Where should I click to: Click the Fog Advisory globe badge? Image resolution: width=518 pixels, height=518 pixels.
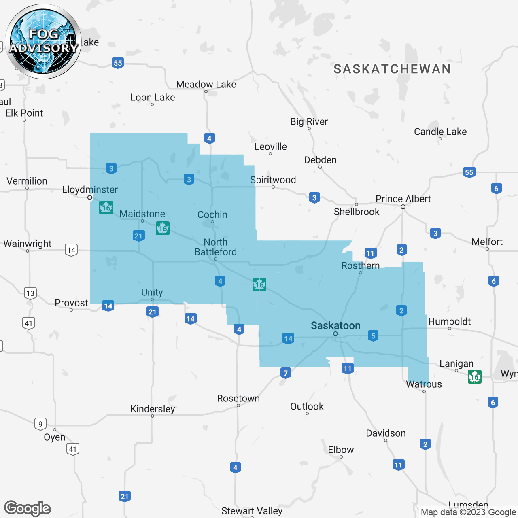43,42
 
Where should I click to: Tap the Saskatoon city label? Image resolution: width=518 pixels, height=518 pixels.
335,325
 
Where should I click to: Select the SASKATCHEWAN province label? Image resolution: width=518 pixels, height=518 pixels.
392,69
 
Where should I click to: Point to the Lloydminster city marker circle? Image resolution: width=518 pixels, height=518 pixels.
90,197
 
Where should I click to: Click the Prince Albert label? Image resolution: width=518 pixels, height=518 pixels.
403,199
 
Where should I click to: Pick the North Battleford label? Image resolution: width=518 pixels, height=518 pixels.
215,247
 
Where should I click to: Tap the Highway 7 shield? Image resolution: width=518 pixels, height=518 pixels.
286,373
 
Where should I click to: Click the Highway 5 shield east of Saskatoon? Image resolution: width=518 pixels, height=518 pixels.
373,335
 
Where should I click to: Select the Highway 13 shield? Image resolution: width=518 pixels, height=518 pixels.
30,293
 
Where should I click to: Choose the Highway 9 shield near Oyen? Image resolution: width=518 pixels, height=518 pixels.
40,424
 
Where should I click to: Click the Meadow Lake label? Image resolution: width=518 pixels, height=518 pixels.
206,84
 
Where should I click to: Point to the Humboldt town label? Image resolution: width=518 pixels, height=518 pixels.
449,321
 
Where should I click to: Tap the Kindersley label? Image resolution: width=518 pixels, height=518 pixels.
153,409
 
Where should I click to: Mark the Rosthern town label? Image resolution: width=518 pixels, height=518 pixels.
360,265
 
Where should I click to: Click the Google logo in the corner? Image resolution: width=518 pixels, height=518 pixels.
28,508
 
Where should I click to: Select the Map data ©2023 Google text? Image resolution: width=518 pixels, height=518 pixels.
468,512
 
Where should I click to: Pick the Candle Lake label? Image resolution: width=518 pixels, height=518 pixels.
440,132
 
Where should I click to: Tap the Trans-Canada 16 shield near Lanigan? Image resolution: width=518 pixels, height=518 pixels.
474,377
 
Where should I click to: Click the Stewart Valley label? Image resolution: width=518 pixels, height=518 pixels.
252,511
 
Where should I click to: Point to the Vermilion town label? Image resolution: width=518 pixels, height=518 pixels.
27,181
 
